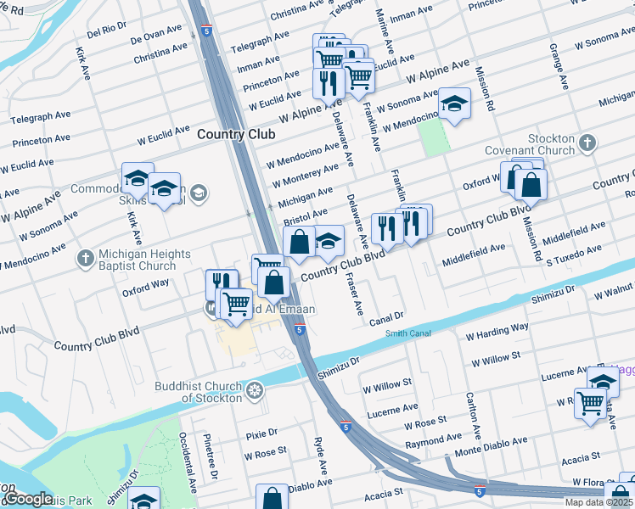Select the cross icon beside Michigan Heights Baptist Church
click(85, 257)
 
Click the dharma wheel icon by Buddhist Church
click(254, 391)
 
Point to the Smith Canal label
click(408, 333)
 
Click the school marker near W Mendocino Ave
click(455, 104)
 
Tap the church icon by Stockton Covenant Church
click(587, 144)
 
